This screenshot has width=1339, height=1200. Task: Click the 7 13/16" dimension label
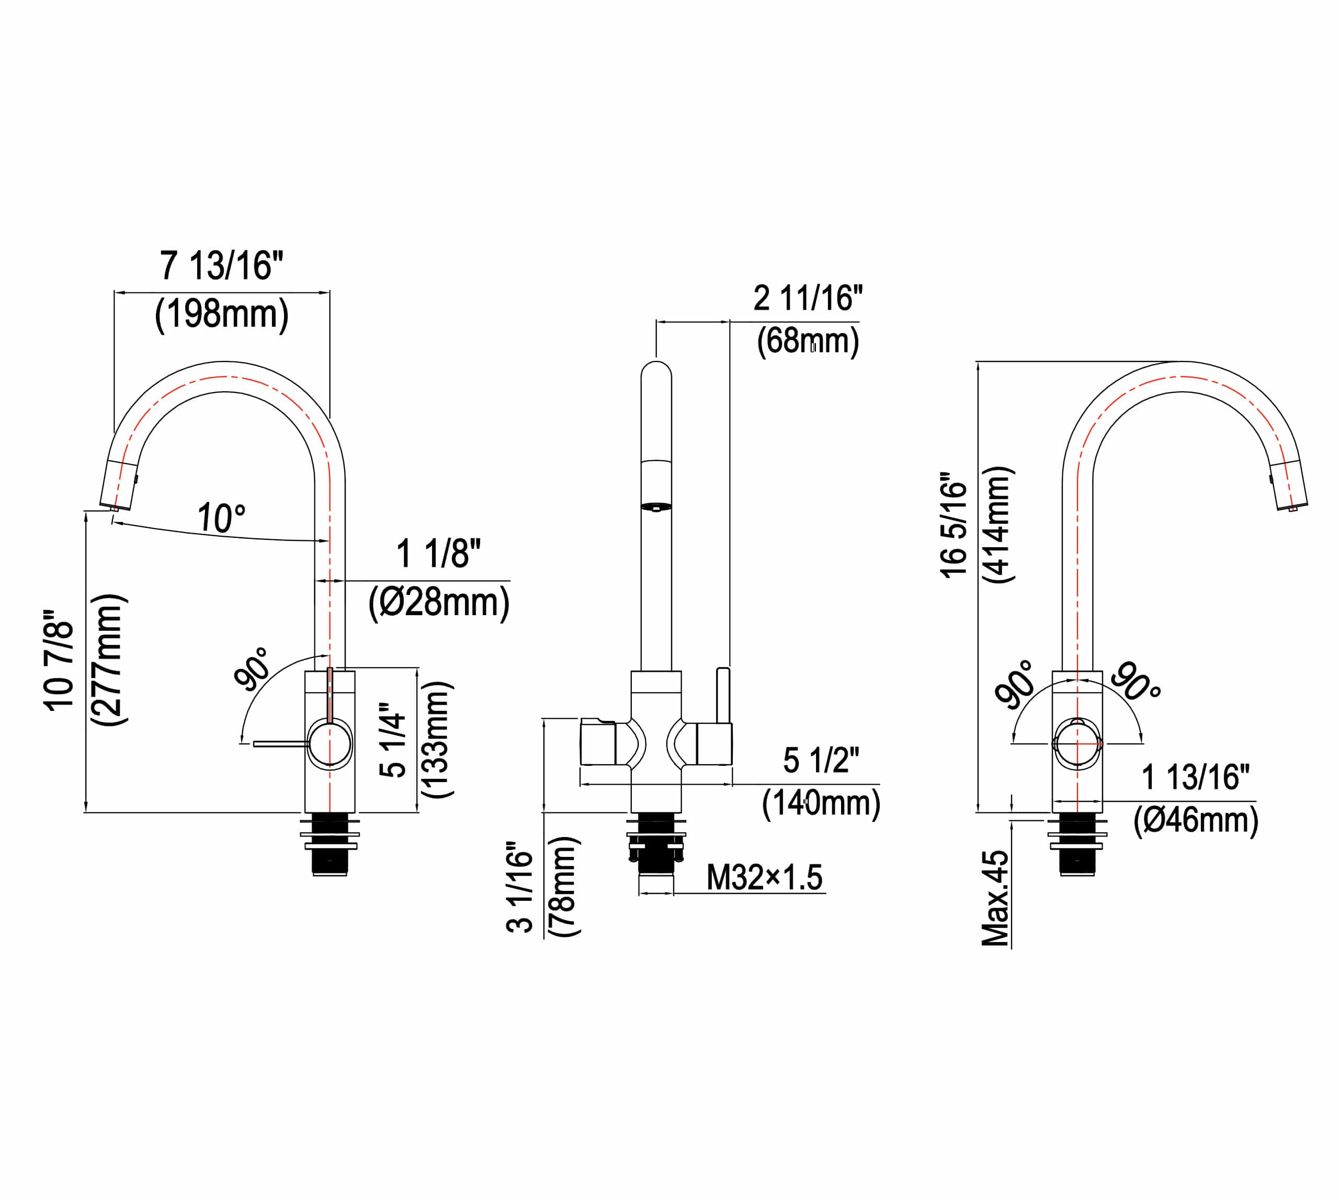click(222, 266)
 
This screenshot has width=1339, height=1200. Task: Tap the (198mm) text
click(222, 314)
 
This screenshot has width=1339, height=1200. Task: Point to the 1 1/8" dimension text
click(438, 553)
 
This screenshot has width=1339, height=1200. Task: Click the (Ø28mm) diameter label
click(439, 603)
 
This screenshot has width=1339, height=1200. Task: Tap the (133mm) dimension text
click(436, 740)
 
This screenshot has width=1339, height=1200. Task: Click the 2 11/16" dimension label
click(808, 299)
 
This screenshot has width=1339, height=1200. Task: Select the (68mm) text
click(808, 342)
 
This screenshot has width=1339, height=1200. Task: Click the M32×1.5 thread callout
click(765, 878)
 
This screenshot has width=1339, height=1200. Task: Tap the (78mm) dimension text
click(564, 887)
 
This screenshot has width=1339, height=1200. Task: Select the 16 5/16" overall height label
click(954, 526)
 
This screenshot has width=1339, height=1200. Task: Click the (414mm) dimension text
click(998, 525)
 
